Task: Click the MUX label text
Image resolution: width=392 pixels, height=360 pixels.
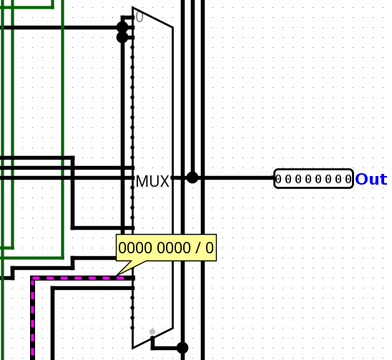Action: tap(152, 182)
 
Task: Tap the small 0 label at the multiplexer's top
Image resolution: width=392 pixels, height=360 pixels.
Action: tap(139, 17)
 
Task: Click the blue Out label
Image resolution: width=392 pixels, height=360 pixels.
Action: tap(371, 180)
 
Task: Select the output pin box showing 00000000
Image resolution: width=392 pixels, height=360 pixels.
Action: tap(313, 179)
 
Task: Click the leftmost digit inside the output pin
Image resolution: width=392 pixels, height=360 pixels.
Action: tap(278, 179)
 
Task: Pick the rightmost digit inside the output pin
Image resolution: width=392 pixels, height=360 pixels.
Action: tap(348, 179)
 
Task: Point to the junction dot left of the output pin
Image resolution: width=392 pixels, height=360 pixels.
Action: tap(192, 177)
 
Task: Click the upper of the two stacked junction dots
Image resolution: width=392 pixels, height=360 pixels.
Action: tap(122, 27)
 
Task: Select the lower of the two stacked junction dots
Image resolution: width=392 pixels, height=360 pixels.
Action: tap(122, 37)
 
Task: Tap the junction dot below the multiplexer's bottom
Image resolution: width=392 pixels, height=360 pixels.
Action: tap(182, 348)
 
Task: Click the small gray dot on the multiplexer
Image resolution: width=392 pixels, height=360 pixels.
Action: tap(152, 331)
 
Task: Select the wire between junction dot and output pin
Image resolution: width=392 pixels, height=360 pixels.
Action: tap(236, 177)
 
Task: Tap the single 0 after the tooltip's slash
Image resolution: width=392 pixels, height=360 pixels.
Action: tap(209, 248)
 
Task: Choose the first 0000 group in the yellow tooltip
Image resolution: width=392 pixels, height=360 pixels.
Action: tap(131, 248)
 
